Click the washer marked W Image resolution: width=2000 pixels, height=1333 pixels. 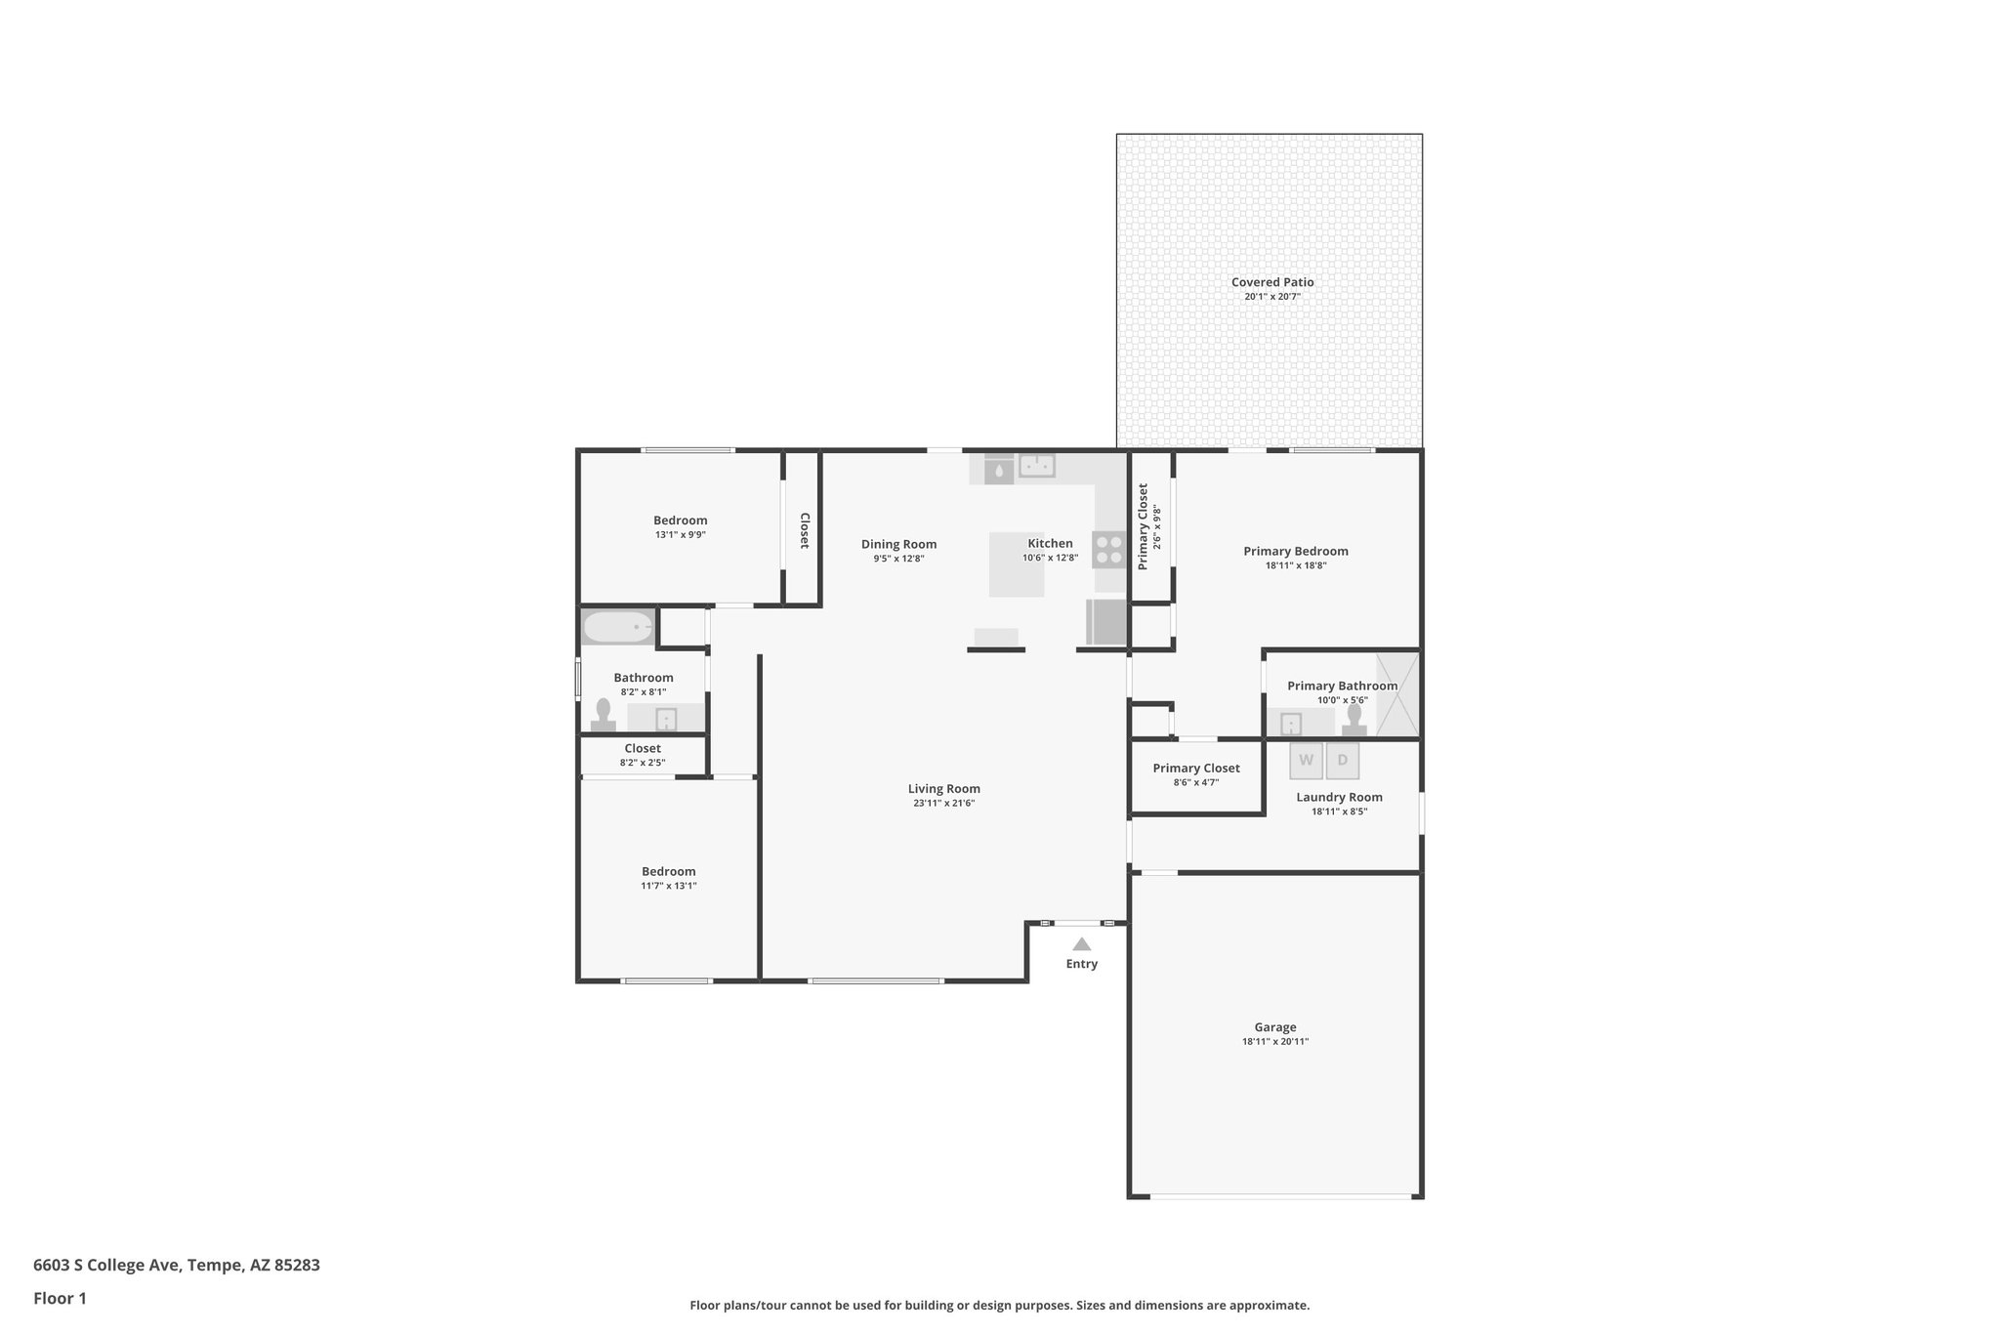tap(1306, 761)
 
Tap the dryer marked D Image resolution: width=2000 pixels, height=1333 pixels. tap(1342, 761)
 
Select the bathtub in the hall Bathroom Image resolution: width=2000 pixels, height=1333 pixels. tap(618, 627)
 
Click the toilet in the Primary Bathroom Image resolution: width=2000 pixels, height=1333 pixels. tap(1354, 720)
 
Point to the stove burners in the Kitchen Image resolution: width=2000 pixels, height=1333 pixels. tap(1108, 549)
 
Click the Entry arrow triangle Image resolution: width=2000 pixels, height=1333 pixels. tap(1081, 944)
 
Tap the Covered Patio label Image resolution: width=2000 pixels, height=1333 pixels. tap(1271, 282)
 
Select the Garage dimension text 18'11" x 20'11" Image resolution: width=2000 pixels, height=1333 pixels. tap(1274, 1042)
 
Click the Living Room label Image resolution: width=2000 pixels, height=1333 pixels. tap(943, 789)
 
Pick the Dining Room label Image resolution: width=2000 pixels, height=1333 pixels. tap(898, 545)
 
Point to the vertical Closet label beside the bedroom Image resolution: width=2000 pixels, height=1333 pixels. tap(805, 530)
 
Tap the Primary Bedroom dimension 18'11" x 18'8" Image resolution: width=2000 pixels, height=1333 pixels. tap(1295, 565)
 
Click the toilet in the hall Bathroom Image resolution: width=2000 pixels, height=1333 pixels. tap(603, 715)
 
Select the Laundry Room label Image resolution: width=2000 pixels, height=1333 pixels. tap(1339, 797)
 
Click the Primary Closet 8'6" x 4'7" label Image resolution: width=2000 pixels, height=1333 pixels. tap(1195, 769)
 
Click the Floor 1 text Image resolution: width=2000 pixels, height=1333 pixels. tap(60, 1298)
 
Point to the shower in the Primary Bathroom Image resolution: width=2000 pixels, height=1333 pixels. tap(1396, 693)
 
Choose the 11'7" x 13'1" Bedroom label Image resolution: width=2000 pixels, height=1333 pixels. tap(668, 872)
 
